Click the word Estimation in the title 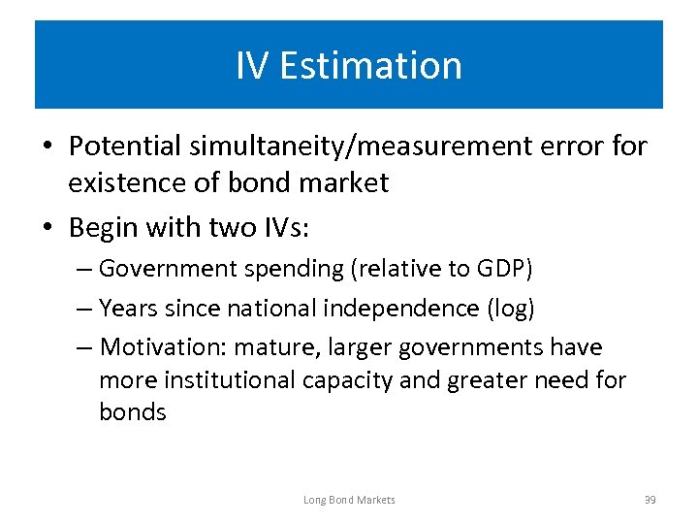pyautogui.click(x=371, y=66)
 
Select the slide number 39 pyautogui.click(x=650, y=500)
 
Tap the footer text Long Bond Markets pyautogui.click(x=349, y=500)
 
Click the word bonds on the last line pyautogui.click(x=133, y=412)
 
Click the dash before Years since pyautogui.click(x=83, y=308)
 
